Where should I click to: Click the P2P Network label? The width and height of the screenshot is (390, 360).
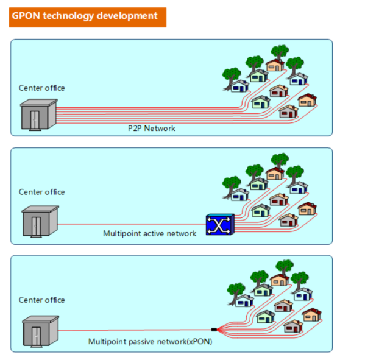pos(151,128)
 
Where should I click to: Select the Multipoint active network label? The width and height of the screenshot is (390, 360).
pos(149,233)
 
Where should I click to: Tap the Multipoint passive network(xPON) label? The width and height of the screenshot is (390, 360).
pos(150,342)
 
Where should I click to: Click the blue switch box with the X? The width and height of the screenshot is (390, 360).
pos(219,225)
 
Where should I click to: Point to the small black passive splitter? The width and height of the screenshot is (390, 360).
pos(214,329)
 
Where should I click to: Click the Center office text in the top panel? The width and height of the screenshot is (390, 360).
pos(41,88)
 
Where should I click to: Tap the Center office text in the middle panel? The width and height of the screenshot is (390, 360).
pos(41,192)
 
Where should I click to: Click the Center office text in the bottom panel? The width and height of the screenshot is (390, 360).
pos(41,300)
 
